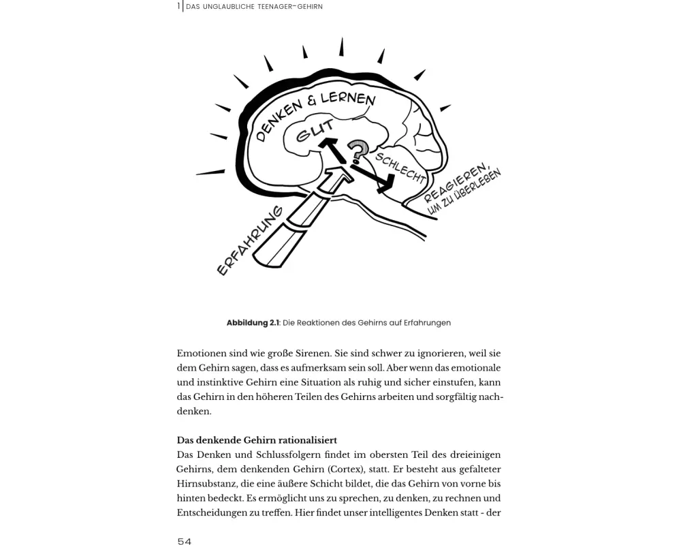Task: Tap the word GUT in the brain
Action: pos(315,131)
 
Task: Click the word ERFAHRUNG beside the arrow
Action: pos(249,240)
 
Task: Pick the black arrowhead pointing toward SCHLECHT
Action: pos(387,183)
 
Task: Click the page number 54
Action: pos(184,541)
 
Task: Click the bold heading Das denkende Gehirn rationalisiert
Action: pos(257,440)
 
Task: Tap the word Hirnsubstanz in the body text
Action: pos(209,483)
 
